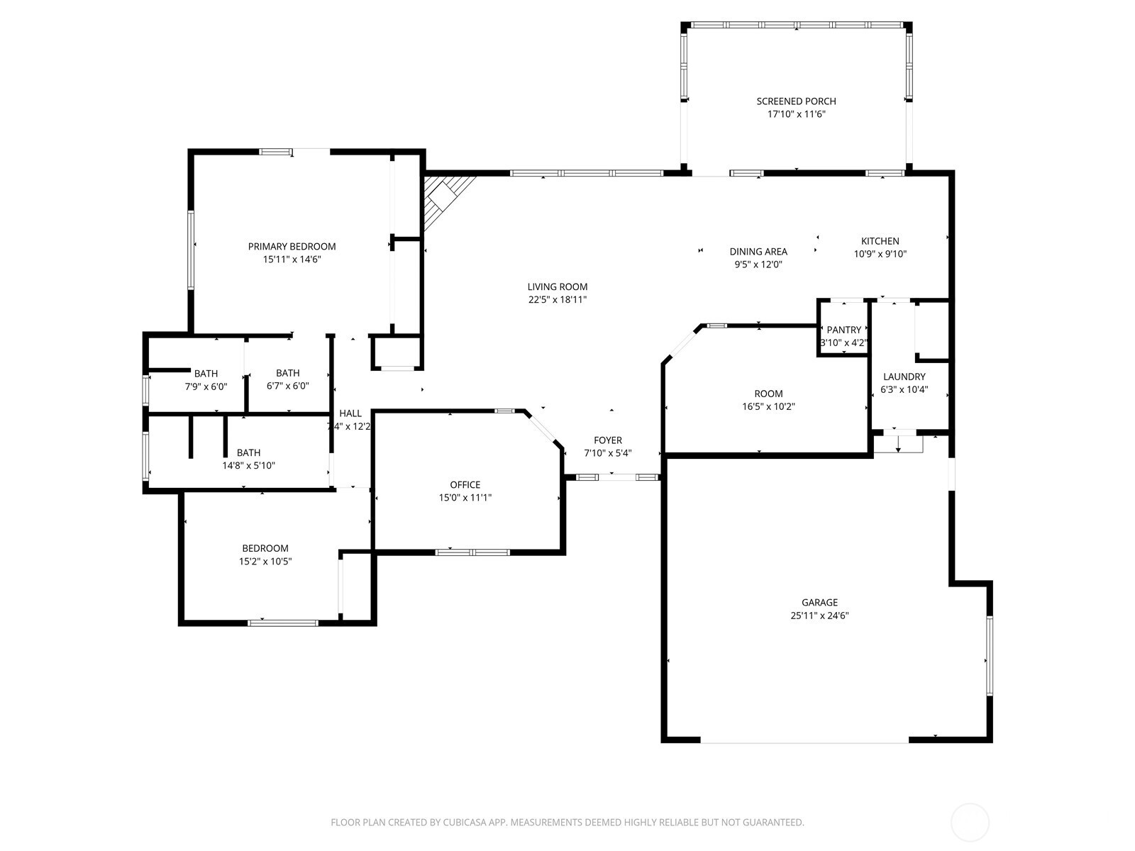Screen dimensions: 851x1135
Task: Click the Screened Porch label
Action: click(796, 101)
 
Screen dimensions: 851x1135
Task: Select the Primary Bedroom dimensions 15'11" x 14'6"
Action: click(292, 260)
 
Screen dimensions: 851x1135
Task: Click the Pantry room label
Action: click(843, 330)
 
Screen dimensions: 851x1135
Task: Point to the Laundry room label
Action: click(904, 377)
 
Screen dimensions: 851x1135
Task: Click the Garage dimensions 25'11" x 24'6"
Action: click(819, 616)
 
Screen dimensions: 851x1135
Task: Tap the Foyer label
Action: click(607, 440)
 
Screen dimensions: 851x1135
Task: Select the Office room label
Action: click(465, 485)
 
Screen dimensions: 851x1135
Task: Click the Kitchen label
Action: click(880, 241)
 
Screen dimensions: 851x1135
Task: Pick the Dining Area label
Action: click(758, 252)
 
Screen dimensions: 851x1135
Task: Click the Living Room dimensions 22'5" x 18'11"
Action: click(557, 300)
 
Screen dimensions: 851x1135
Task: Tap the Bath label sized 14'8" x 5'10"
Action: click(248, 452)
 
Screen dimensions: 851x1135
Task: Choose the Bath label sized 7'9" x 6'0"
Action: click(206, 374)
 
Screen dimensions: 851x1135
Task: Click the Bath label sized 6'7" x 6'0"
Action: click(287, 373)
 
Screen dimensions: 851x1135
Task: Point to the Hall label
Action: click(350, 413)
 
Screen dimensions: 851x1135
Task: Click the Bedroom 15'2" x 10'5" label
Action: click(265, 548)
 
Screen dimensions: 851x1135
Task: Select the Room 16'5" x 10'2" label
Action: click(768, 394)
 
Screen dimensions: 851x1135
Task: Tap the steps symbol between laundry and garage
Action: click(898, 443)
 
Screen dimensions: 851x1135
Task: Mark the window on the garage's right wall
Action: click(989, 655)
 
